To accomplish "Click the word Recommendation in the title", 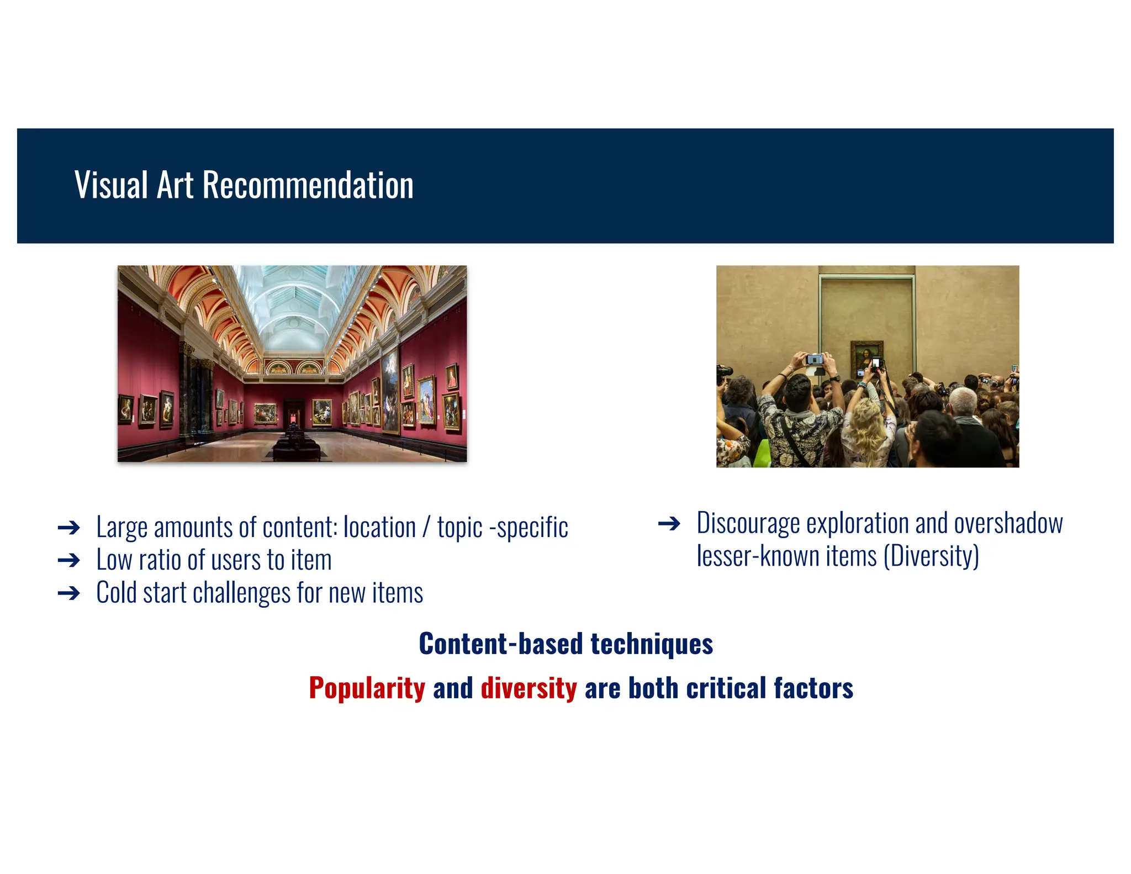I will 308,185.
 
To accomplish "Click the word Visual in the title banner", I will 111,185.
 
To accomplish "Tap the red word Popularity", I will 367,688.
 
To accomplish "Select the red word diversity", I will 528,688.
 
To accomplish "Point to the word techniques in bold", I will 652,644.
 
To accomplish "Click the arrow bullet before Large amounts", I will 69,528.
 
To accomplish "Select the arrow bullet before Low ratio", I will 69,561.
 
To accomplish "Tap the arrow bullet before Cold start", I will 69,593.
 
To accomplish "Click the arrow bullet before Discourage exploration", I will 669,524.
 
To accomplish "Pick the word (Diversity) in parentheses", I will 931,556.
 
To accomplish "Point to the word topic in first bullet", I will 459,528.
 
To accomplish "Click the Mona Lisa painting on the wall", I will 866,356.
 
